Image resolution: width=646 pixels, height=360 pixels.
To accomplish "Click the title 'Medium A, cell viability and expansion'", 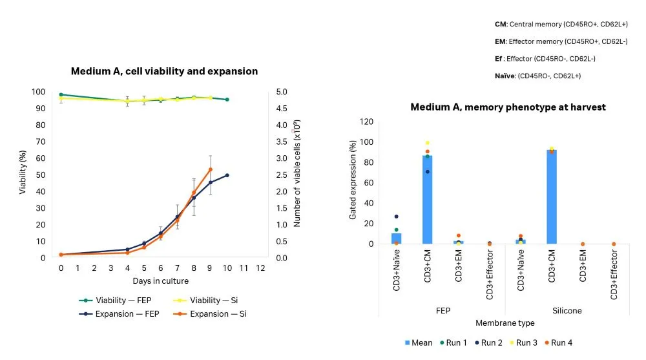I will point(164,71).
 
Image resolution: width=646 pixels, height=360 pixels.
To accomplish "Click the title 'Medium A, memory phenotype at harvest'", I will point(508,107).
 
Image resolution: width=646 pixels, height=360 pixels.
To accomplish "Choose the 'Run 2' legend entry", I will point(489,343).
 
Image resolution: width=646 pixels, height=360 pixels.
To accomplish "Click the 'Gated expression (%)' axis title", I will point(353,183).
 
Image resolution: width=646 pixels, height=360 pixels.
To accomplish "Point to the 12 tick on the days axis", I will point(260,267).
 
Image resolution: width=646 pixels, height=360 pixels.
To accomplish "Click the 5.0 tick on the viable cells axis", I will point(282,92).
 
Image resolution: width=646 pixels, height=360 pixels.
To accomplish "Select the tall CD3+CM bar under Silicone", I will point(551,196).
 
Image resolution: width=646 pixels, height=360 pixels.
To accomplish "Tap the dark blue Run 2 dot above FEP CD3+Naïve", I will point(396,217).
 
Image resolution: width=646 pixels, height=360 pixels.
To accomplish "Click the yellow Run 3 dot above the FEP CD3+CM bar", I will point(428,143).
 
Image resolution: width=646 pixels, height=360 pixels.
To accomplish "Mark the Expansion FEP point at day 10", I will point(227,175).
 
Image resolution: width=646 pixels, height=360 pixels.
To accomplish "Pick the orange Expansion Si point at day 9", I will point(210,169).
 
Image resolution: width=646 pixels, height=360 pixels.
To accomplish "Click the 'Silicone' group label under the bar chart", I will point(567,310).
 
